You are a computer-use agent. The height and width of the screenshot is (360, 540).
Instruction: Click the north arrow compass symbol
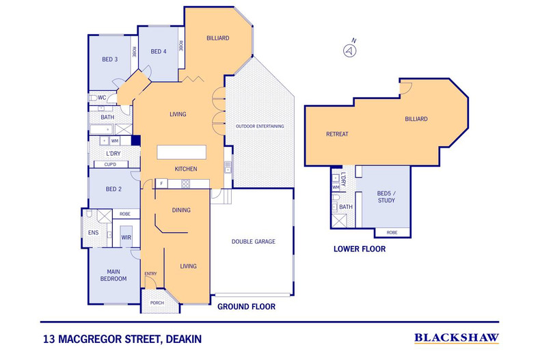pos(351,51)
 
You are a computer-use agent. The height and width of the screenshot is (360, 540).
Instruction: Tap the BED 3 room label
pos(110,59)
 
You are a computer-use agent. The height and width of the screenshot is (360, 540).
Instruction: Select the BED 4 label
pos(159,51)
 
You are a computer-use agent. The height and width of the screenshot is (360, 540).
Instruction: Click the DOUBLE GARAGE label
pos(253,241)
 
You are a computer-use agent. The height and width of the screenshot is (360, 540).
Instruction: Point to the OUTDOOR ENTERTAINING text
pos(260,126)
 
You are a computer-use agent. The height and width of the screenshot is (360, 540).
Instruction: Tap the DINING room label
pos(181,210)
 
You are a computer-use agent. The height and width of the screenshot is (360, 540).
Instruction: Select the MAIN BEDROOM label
pos(113,275)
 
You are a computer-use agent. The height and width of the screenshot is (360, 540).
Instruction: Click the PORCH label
pos(157,302)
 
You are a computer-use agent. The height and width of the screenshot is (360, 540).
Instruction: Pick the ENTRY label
pos(150,274)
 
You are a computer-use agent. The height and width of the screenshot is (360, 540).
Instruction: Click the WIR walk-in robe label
pos(126,237)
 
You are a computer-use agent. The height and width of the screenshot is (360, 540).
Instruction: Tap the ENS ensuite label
pos(94,233)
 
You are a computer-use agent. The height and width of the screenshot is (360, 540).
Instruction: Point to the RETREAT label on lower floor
pos(337,134)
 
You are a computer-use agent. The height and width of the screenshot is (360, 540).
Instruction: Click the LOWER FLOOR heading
pos(360,249)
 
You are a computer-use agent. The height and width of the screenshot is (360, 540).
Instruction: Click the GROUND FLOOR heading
pos(246,307)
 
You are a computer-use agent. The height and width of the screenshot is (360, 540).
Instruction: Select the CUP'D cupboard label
pos(109,165)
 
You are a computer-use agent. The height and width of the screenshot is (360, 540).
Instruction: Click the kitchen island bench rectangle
pos(182,151)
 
